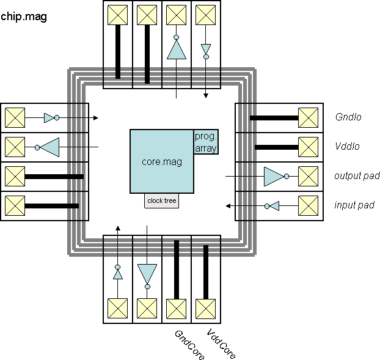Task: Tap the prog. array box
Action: [x=206, y=142]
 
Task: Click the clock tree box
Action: [x=162, y=200]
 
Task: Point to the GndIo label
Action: [x=348, y=117]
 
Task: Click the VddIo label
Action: [x=348, y=147]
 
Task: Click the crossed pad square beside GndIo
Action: [x=308, y=117]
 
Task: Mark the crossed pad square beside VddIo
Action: [x=308, y=147]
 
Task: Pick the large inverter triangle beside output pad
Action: [x=273, y=176]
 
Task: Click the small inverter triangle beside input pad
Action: [x=274, y=205]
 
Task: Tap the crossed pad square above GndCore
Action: [x=177, y=307]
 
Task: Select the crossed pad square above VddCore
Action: [x=206, y=307]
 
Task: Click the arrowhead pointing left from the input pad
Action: [x=228, y=205]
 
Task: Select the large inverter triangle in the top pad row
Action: [x=177, y=50]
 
